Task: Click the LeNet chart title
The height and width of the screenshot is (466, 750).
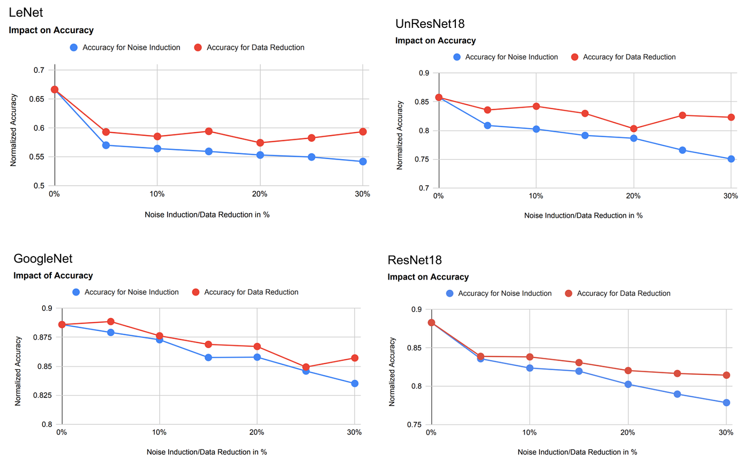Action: click(x=26, y=12)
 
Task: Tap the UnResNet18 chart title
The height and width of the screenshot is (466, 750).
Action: click(x=430, y=24)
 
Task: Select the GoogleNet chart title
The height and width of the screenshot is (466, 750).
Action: click(x=43, y=258)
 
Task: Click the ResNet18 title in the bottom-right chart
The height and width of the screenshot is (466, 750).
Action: click(x=415, y=260)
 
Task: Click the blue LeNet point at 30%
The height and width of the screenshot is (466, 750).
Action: click(x=363, y=161)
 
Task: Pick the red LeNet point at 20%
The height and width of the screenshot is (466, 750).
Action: click(x=260, y=143)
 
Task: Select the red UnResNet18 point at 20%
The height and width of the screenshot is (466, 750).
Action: click(x=634, y=129)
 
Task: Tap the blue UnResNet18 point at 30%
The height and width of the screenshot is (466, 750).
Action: click(x=731, y=159)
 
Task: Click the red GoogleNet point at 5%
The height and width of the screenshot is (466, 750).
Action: click(x=111, y=321)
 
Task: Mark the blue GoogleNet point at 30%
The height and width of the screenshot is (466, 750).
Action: click(x=355, y=384)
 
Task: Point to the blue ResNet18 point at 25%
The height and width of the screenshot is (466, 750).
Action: click(x=677, y=394)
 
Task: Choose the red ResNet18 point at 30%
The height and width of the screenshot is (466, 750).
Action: click(x=726, y=375)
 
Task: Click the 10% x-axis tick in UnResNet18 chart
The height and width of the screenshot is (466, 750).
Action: click(x=536, y=196)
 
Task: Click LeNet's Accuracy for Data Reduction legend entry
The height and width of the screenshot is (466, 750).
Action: click(x=255, y=48)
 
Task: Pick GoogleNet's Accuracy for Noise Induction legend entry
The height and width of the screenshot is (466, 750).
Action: click(x=131, y=292)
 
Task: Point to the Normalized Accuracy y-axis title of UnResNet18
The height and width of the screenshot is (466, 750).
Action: click(x=400, y=136)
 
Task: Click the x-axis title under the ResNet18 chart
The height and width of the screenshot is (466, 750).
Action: click(x=577, y=452)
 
